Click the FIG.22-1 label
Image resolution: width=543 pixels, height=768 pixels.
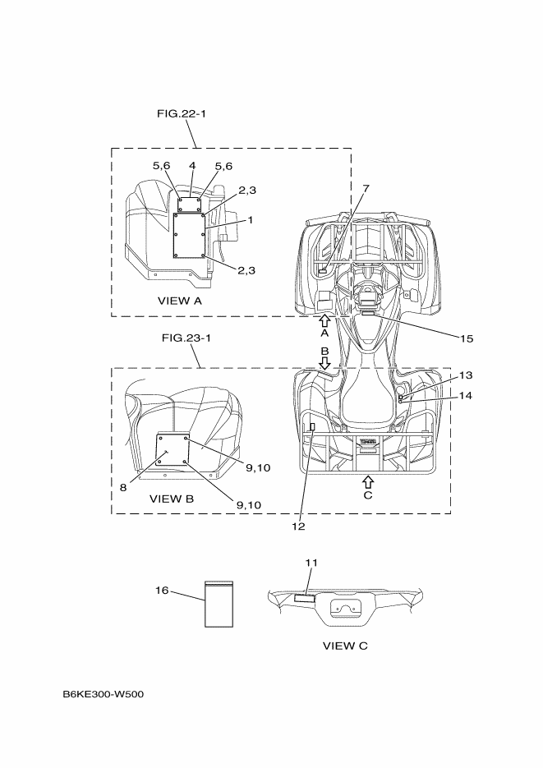(181, 113)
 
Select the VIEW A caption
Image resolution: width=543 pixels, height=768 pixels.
(179, 301)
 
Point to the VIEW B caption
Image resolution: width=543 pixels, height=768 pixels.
(172, 499)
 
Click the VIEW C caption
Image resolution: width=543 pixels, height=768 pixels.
(345, 646)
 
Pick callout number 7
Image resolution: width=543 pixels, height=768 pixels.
(366, 188)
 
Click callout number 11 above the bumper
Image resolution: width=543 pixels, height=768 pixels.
(311, 563)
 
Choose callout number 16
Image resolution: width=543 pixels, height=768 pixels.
(163, 590)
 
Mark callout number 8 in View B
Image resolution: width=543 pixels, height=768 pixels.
(122, 487)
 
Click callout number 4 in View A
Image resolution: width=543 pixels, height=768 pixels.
(191, 166)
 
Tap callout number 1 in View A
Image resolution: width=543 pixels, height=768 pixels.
(250, 220)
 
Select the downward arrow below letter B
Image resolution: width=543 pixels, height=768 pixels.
(324, 362)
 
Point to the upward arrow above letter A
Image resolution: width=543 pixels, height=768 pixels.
(324, 320)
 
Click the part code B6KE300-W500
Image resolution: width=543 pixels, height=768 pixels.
(104, 695)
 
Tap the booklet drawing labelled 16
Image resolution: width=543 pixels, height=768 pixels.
(219, 604)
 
